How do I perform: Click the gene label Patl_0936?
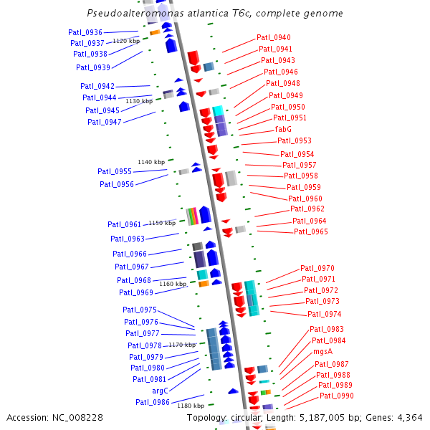85,32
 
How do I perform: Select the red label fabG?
283,129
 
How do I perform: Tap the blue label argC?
160,391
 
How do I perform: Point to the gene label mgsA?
322,352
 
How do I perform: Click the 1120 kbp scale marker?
126,41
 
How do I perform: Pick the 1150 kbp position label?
161,223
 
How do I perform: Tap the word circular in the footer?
247,417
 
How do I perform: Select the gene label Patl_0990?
337,396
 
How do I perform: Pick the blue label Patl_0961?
125,224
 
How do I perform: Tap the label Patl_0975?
140,310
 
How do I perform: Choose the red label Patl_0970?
317,268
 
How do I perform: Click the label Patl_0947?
105,122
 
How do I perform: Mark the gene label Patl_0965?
311,231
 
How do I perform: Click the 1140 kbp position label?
151,162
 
